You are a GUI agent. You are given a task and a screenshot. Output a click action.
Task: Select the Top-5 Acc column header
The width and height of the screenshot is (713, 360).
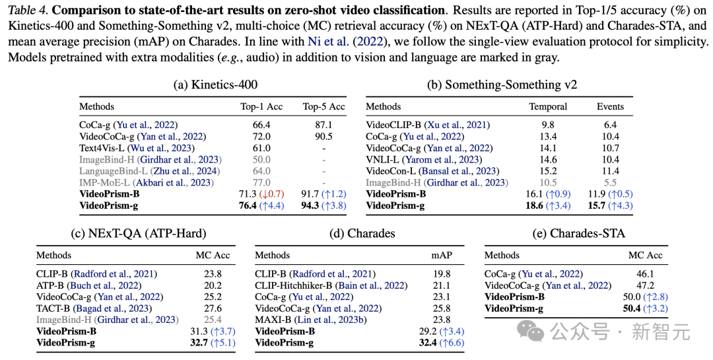coord(323,106)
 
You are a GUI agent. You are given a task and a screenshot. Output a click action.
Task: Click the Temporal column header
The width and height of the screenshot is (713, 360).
coord(548,106)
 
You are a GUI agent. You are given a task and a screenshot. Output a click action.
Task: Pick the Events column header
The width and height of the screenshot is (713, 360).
coord(610,106)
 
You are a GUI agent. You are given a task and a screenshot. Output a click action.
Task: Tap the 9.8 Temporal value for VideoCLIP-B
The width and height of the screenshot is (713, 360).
coord(548,124)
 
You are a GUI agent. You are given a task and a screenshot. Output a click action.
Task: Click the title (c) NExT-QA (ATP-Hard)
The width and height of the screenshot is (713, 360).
coord(138,233)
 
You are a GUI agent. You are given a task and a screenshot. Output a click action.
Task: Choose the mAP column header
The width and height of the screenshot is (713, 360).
coord(441,255)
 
